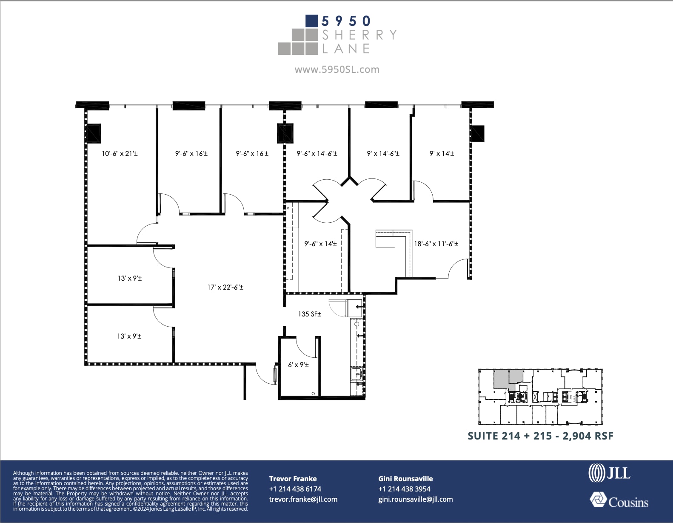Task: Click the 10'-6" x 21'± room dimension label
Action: tap(120, 153)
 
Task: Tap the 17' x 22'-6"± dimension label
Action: tap(225, 287)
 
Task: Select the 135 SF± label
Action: tap(309, 314)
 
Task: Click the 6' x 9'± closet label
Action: tap(298, 365)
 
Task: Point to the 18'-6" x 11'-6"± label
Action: tap(436, 244)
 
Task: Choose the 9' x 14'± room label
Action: tap(442, 153)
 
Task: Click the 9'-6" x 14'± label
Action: tap(320, 244)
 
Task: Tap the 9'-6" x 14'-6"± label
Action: tap(317, 153)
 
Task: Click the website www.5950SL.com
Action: tap(336, 69)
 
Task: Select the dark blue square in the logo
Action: tap(312, 21)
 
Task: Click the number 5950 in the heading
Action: tap(346, 21)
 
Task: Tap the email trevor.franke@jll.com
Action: tap(303, 499)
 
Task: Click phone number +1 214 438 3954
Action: tap(404, 489)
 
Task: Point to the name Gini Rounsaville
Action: tap(405, 479)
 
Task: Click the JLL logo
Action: tap(609, 473)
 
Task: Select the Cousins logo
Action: tap(619, 501)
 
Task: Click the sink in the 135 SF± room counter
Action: tap(356, 375)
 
